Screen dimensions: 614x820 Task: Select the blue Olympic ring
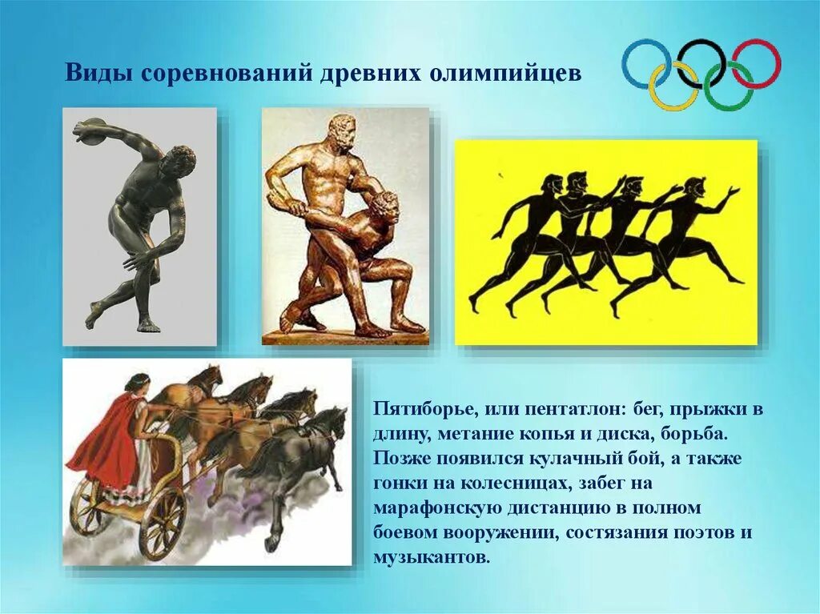coord(646,63)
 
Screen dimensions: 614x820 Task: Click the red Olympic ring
coord(756,63)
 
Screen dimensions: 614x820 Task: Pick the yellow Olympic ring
coord(673,86)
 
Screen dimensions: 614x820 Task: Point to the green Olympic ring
coord(729,86)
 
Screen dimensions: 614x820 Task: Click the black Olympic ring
coord(701,63)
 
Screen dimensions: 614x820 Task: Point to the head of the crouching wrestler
coord(385,207)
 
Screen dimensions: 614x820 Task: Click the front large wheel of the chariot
coord(162,523)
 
